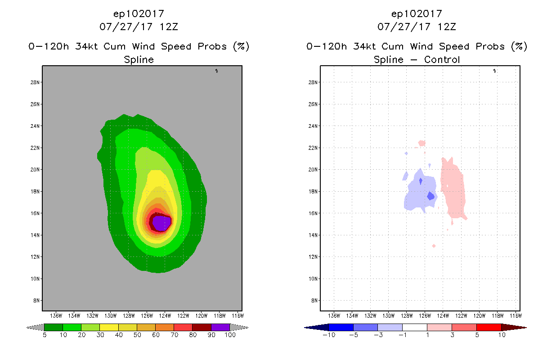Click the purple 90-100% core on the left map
(161, 222)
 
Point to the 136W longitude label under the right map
(334, 315)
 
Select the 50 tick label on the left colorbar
(137, 335)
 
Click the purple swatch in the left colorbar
(220, 328)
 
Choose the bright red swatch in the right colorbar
(489, 328)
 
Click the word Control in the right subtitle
(442, 60)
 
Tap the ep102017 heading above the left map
(139, 14)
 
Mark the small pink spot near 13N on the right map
(434, 246)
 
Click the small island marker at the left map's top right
(216, 71)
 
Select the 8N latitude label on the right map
(314, 301)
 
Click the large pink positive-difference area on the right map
(453, 189)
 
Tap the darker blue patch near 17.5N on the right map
(430, 196)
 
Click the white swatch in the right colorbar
(414, 328)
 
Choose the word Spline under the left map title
(139, 60)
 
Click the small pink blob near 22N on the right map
(421, 144)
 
